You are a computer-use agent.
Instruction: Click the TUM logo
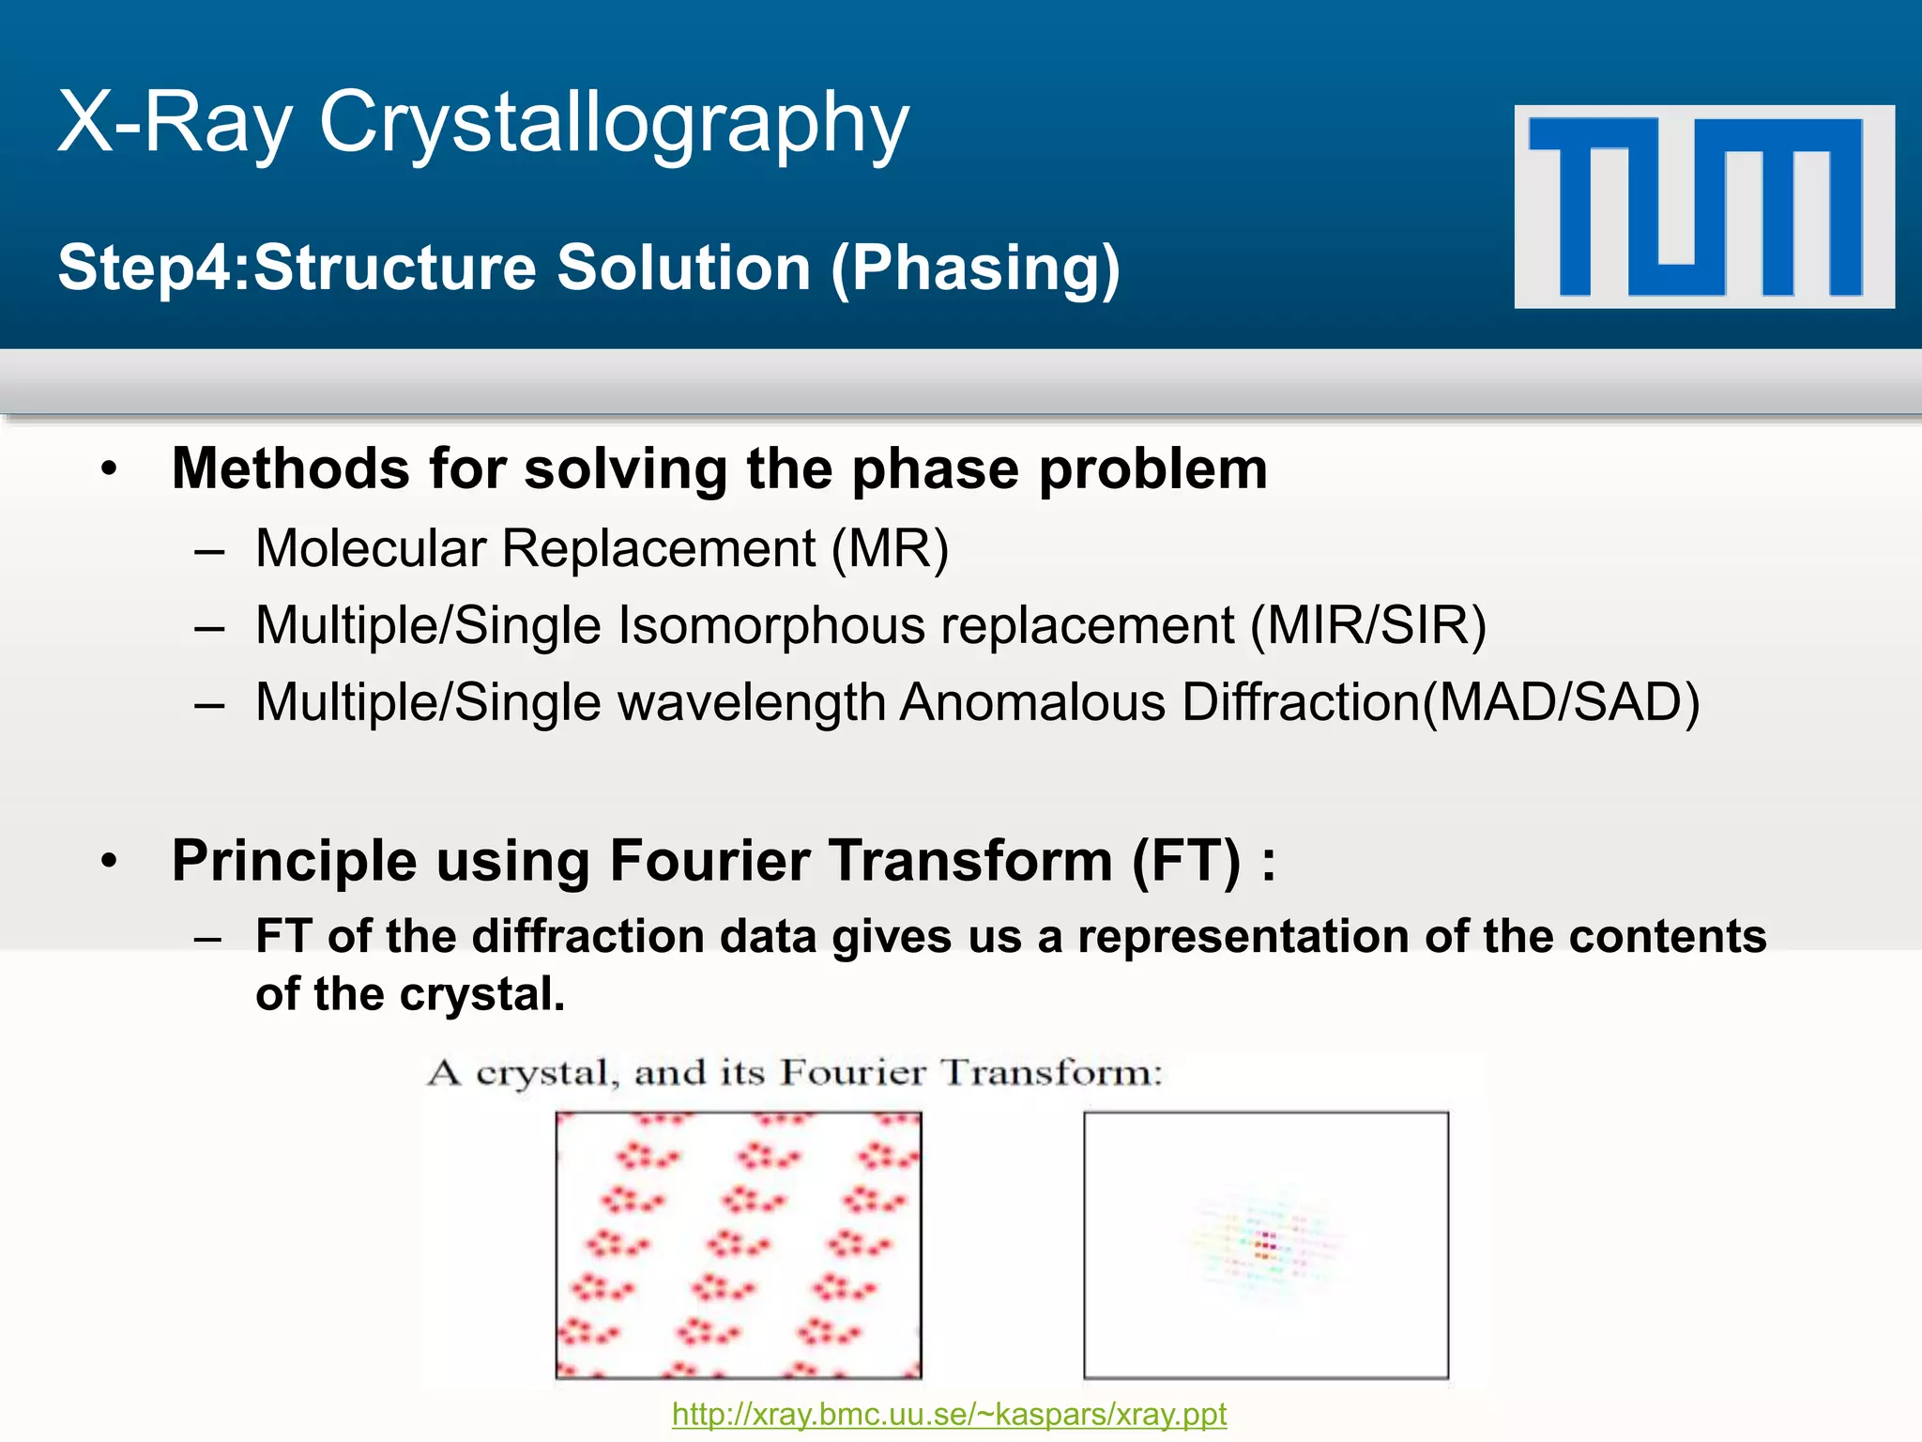tap(1703, 207)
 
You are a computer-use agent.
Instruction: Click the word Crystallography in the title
tap(615, 122)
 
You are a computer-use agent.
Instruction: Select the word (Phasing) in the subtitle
tap(976, 268)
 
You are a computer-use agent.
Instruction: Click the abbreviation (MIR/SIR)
tap(1368, 625)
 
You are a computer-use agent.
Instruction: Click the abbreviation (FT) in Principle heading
tap(1186, 860)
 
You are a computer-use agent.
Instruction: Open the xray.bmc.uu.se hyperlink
tap(949, 1414)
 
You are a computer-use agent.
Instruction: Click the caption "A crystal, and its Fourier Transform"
tap(794, 1072)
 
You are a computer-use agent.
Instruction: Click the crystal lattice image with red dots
tap(739, 1245)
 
